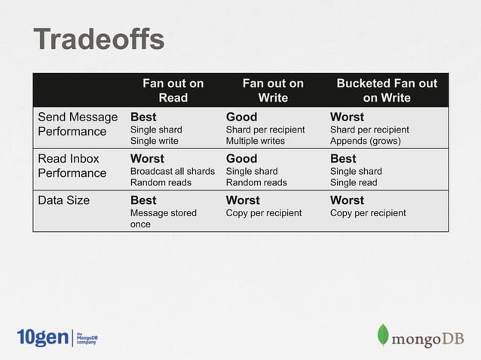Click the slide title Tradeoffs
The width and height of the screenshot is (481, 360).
click(x=98, y=40)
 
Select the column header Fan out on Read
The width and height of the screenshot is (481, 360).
click(x=173, y=90)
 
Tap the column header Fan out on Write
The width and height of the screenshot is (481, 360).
click(x=272, y=90)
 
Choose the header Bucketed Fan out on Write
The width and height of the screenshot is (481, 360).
click(x=386, y=90)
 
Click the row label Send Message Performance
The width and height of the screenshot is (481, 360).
click(x=78, y=124)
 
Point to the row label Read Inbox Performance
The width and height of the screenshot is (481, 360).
click(x=72, y=166)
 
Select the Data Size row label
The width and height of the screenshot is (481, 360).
click(x=64, y=200)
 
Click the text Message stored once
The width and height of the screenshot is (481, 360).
click(x=163, y=218)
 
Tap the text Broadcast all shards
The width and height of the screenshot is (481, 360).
click(x=172, y=171)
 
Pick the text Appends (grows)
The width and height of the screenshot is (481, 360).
click(x=365, y=141)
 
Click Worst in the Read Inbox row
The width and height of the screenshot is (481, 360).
click(x=147, y=159)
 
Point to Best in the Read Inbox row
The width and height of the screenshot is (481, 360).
click(x=343, y=159)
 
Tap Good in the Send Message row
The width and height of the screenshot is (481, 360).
click(x=241, y=117)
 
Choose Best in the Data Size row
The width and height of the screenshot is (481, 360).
click(x=143, y=200)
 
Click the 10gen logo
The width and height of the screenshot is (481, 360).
click(x=42, y=337)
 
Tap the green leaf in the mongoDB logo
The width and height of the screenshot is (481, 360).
click(x=383, y=335)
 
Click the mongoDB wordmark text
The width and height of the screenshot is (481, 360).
click(x=427, y=338)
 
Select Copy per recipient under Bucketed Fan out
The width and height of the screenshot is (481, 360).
click(x=368, y=213)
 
